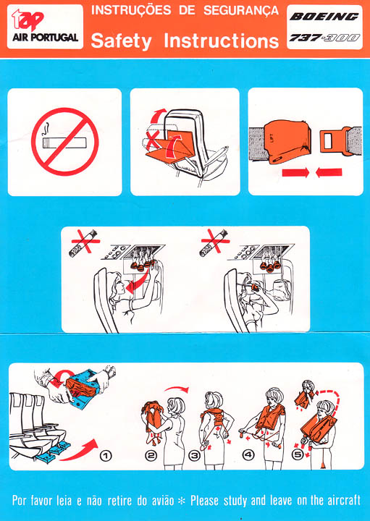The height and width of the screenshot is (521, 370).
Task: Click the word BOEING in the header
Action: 324,17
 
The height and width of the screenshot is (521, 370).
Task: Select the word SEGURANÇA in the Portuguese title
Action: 240,10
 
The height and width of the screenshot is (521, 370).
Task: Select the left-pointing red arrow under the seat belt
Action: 329,173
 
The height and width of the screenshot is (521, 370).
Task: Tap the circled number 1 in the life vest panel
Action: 106,456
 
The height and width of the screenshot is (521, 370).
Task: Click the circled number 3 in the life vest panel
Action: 195,456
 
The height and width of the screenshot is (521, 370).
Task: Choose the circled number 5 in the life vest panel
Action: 297,456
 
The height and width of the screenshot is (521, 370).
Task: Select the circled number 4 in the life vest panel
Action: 248,456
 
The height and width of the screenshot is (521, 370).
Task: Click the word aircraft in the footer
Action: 337,500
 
